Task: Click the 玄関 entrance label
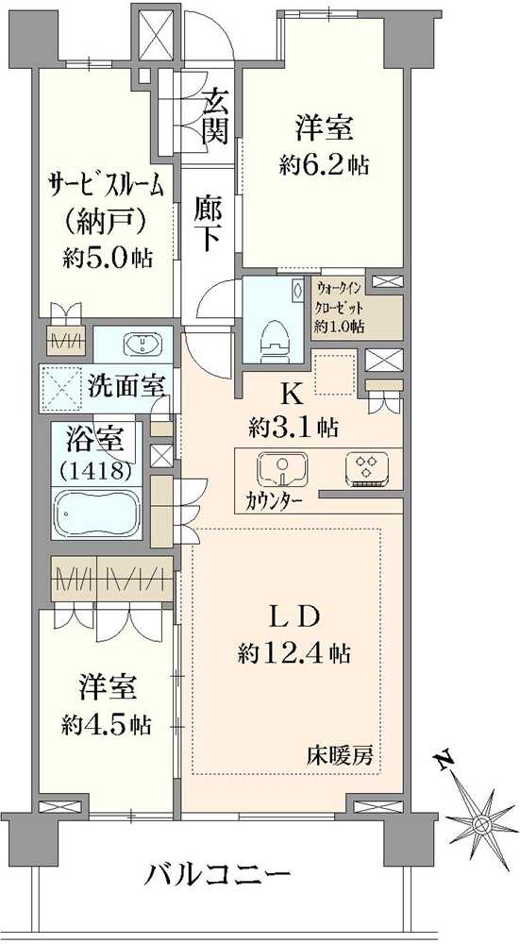click(215, 116)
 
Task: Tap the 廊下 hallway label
click(209, 222)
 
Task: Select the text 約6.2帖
click(323, 164)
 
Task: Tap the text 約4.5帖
click(105, 723)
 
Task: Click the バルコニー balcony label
click(216, 874)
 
